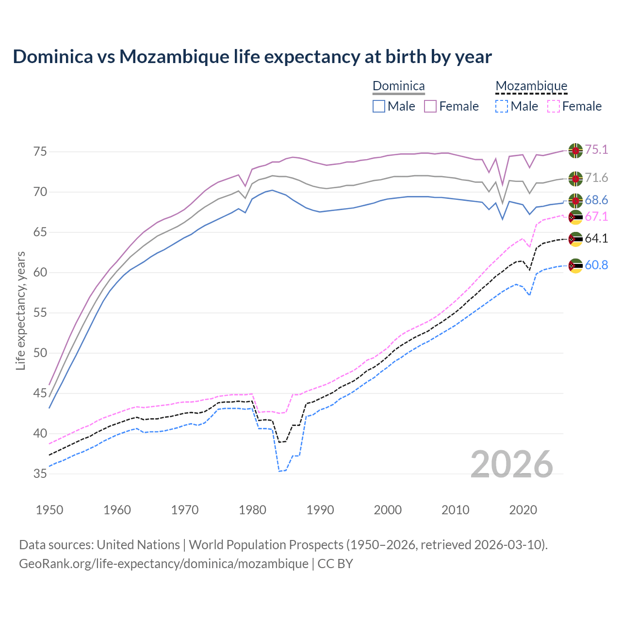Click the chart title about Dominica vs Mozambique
click(252, 57)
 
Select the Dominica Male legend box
click(379, 106)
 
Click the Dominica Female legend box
click(431, 106)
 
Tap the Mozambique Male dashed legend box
click(502, 106)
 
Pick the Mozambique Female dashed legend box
click(554, 106)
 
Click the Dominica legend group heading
click(398, 86)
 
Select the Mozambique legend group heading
click(531, 86)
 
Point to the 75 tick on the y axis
click(40, 152)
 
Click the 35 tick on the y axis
click(40, 474)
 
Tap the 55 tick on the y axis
click(40, 313)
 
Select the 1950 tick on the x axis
click(49, 510)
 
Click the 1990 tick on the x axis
click(320, 510)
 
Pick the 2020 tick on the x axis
click(523, 510)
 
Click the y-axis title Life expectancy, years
click(20, 310)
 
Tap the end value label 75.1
click(596, 150)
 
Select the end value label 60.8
click(596, 265)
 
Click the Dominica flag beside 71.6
click(575, 179)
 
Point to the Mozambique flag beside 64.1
click(575, 239)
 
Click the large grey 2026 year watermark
click(512, 464)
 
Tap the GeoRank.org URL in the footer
click(163, 564)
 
